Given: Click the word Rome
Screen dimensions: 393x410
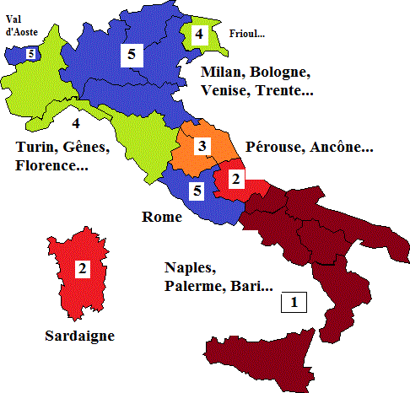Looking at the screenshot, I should pyautogui.click(x=162, y=218).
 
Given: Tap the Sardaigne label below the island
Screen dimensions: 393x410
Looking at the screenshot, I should pyautogui.click(x=78, y=335).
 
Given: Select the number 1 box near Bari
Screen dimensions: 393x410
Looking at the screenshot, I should pyautogui.click(x=294, y=301).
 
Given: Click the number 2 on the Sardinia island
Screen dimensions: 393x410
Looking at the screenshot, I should pyautogui.click(x=83, y=269).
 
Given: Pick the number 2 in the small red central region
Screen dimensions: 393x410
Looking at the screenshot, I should pyautogui.click(x=235, y=178).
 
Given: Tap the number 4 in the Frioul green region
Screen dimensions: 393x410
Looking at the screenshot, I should pyautogui.click(x=198, y=35).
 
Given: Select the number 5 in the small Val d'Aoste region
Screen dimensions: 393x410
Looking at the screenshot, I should pyautogui.click(x=31, y=54).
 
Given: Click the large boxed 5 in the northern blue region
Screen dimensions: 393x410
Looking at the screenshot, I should pyautogui.click(x=131, y=56).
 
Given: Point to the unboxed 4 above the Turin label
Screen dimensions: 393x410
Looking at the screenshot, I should pyautogui.click(x=75, y=122).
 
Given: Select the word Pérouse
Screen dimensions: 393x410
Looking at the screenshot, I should pyautogui.click(x=274, y=147).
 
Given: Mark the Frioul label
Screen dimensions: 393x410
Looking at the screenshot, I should pyautogui.click(x=247, y=35).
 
